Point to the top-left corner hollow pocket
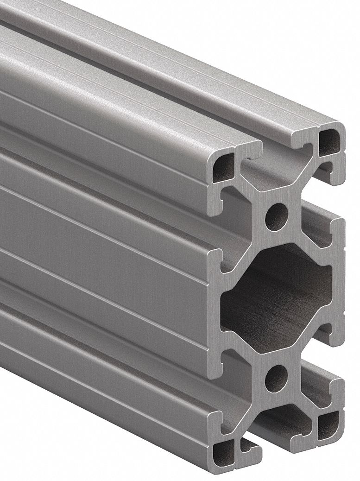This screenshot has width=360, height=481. (x=223, y=166)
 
